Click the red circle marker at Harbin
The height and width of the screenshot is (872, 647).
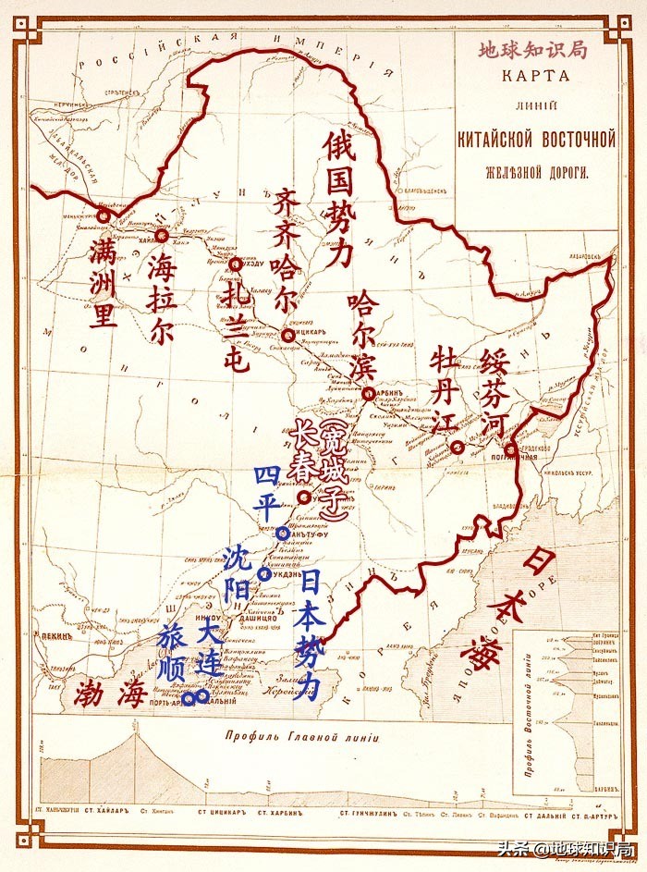369,394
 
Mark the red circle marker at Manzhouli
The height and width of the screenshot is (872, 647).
104,215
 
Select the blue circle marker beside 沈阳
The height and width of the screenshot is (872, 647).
265,574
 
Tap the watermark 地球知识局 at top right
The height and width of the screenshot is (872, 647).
533,50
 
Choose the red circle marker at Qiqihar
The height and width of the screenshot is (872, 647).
289,336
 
